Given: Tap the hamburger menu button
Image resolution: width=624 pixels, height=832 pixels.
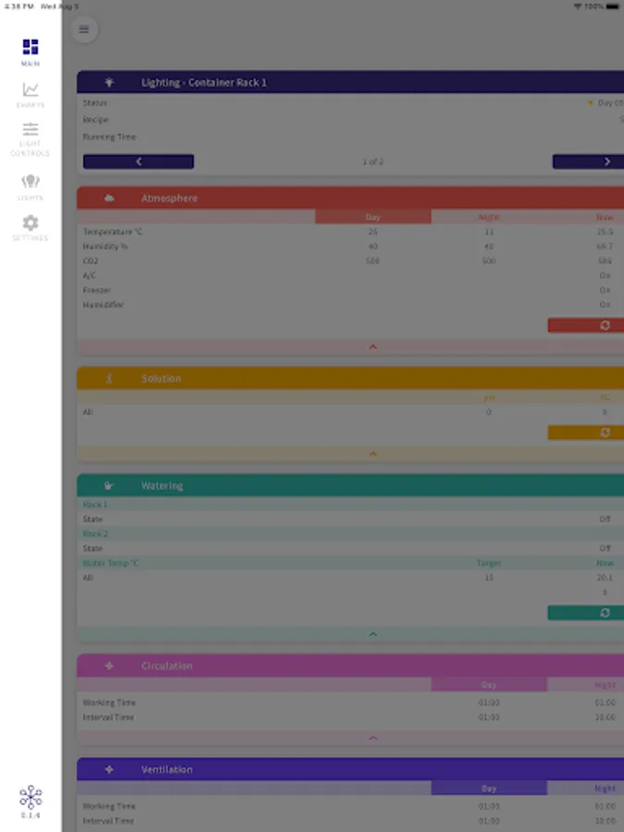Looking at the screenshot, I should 84,30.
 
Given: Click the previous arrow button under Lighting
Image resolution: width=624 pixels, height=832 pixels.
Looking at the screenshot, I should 139,162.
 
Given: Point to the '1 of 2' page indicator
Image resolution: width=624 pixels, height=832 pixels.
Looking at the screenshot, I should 373,162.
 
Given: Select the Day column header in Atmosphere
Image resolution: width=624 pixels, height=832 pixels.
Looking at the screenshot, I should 373,217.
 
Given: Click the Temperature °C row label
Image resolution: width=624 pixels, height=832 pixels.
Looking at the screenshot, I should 114,232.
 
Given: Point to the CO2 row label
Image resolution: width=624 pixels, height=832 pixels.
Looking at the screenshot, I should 91,261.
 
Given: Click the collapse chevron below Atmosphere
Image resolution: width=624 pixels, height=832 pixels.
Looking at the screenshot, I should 373,347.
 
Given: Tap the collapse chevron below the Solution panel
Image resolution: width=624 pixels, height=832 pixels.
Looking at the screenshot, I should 373,454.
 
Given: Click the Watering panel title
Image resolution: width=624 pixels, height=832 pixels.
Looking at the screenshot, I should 163,485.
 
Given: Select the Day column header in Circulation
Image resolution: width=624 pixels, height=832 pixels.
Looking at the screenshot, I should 488,685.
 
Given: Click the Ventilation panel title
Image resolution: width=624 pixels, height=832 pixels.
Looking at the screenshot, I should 167,769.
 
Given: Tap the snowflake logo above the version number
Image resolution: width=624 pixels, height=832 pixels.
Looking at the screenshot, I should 31,797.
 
